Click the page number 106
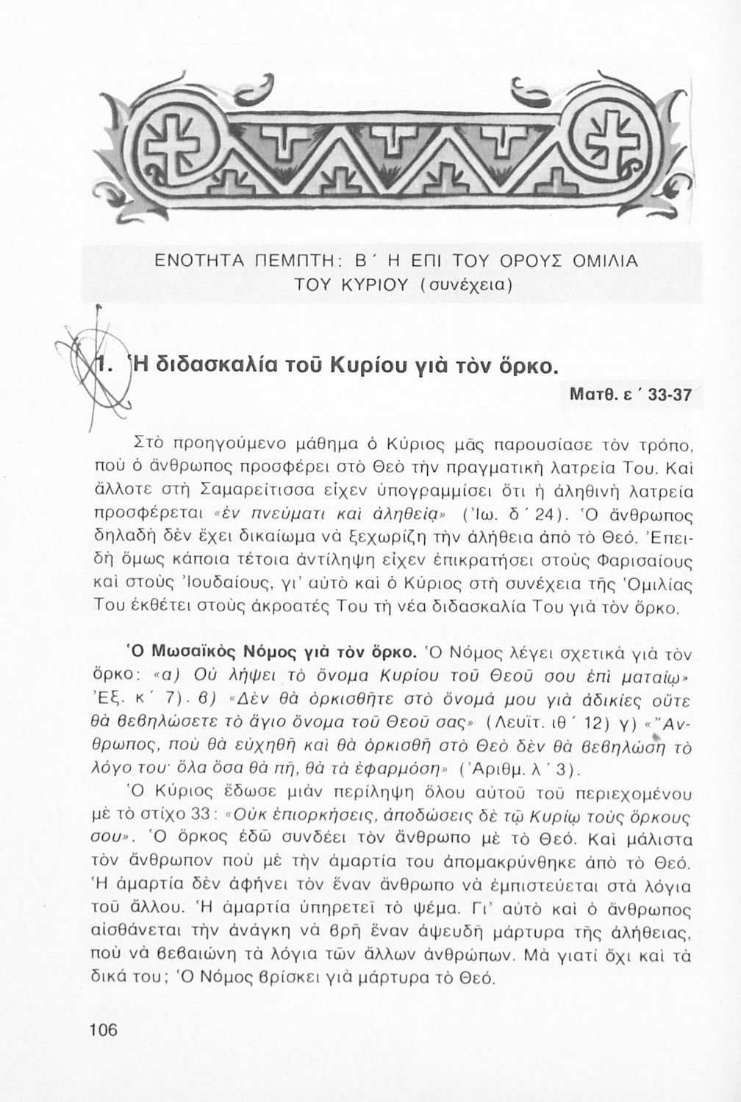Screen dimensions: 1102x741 (x=103, y=1030)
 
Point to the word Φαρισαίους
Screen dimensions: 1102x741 (x=637, y=565)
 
